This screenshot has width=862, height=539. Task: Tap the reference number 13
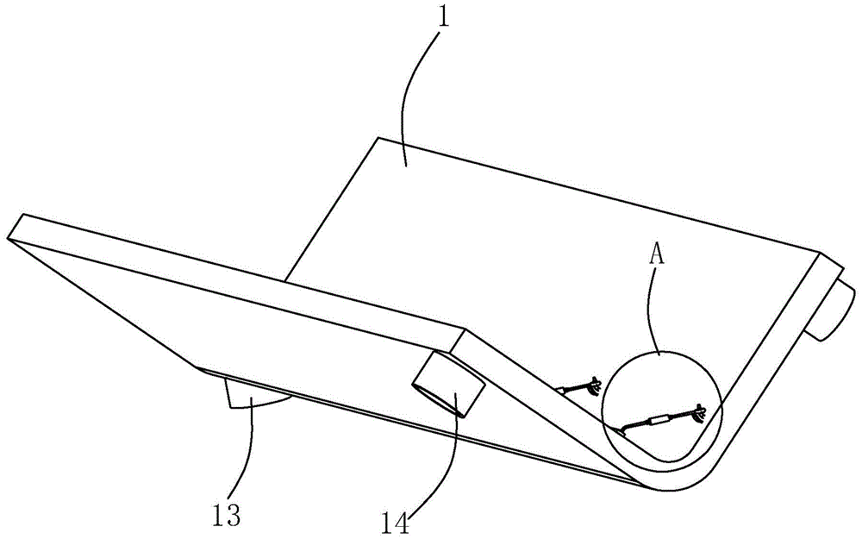[x=226, y=516]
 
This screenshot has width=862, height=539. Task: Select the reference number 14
[x=396, y=523]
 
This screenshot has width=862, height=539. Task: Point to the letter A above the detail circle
[x=657, y=254]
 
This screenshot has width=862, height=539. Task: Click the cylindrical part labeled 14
[x=450, y=385]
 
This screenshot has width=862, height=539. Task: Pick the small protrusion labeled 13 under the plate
[x=253, y=396]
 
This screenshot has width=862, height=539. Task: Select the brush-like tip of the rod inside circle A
[x=698, y=411]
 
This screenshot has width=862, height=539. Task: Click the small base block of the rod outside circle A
[x=561, y=391]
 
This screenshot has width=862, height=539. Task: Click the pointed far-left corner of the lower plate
[x=8, y=239]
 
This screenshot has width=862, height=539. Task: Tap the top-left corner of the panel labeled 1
[x=378, y=137]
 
